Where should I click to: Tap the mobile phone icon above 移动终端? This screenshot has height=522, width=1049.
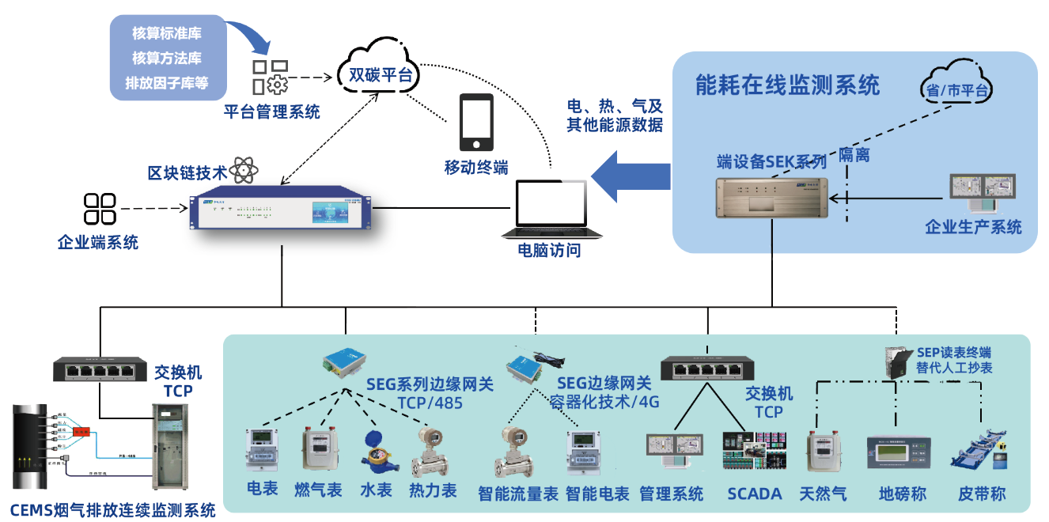[476, 123]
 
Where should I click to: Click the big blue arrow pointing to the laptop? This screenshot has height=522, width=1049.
[630, 177]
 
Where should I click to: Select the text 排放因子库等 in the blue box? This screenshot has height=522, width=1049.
[167, 82]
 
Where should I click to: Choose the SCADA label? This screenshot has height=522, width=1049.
[754, 494]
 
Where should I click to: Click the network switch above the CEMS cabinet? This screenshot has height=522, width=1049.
[100, 369]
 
